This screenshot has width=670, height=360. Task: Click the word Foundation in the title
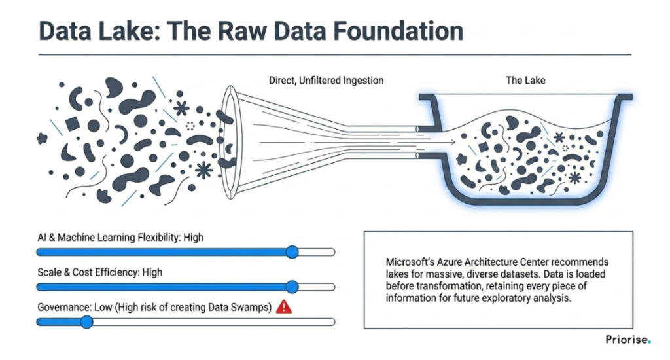tap(398, 31)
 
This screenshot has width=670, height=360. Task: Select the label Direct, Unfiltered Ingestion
tap(326, 81)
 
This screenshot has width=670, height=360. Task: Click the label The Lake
tap(525, 81)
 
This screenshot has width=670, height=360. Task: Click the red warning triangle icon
tap(284, 306)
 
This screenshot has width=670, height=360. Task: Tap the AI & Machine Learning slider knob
tap(292, 252)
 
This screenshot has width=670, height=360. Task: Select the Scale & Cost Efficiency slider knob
tap(292, 287)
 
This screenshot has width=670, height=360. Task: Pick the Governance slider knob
tap(87, 322)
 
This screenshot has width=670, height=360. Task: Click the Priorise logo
tap(628, 340)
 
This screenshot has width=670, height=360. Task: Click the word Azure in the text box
tap(448, 262)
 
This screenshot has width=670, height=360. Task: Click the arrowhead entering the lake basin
tap(451, 143)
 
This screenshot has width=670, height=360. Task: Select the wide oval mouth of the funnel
tap(231, 143)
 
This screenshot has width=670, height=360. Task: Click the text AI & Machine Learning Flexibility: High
tap(120, 238)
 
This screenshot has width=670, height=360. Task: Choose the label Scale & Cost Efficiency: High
tap(100, 272)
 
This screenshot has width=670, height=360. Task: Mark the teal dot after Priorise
tap(650, 342)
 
